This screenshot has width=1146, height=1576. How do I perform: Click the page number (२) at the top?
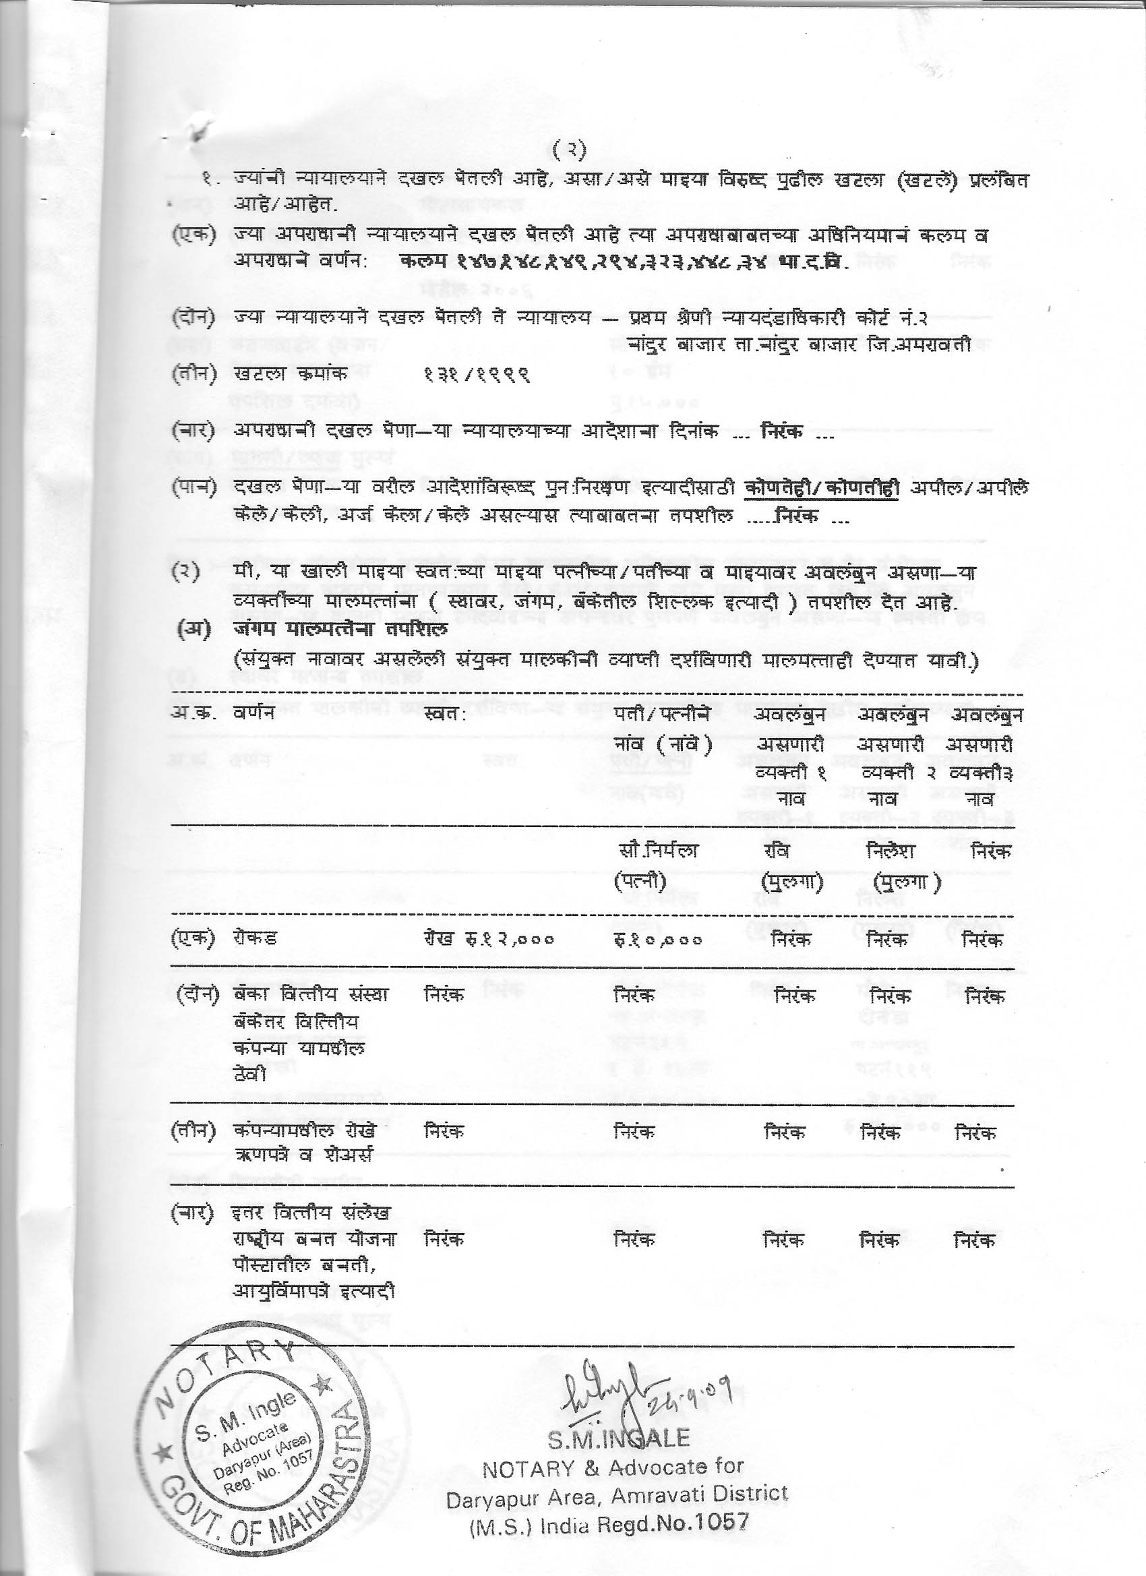(x=569, y=150)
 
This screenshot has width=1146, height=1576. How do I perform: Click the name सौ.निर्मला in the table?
(x=657, y=851)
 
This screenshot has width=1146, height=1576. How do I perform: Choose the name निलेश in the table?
(x=891, y=851)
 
